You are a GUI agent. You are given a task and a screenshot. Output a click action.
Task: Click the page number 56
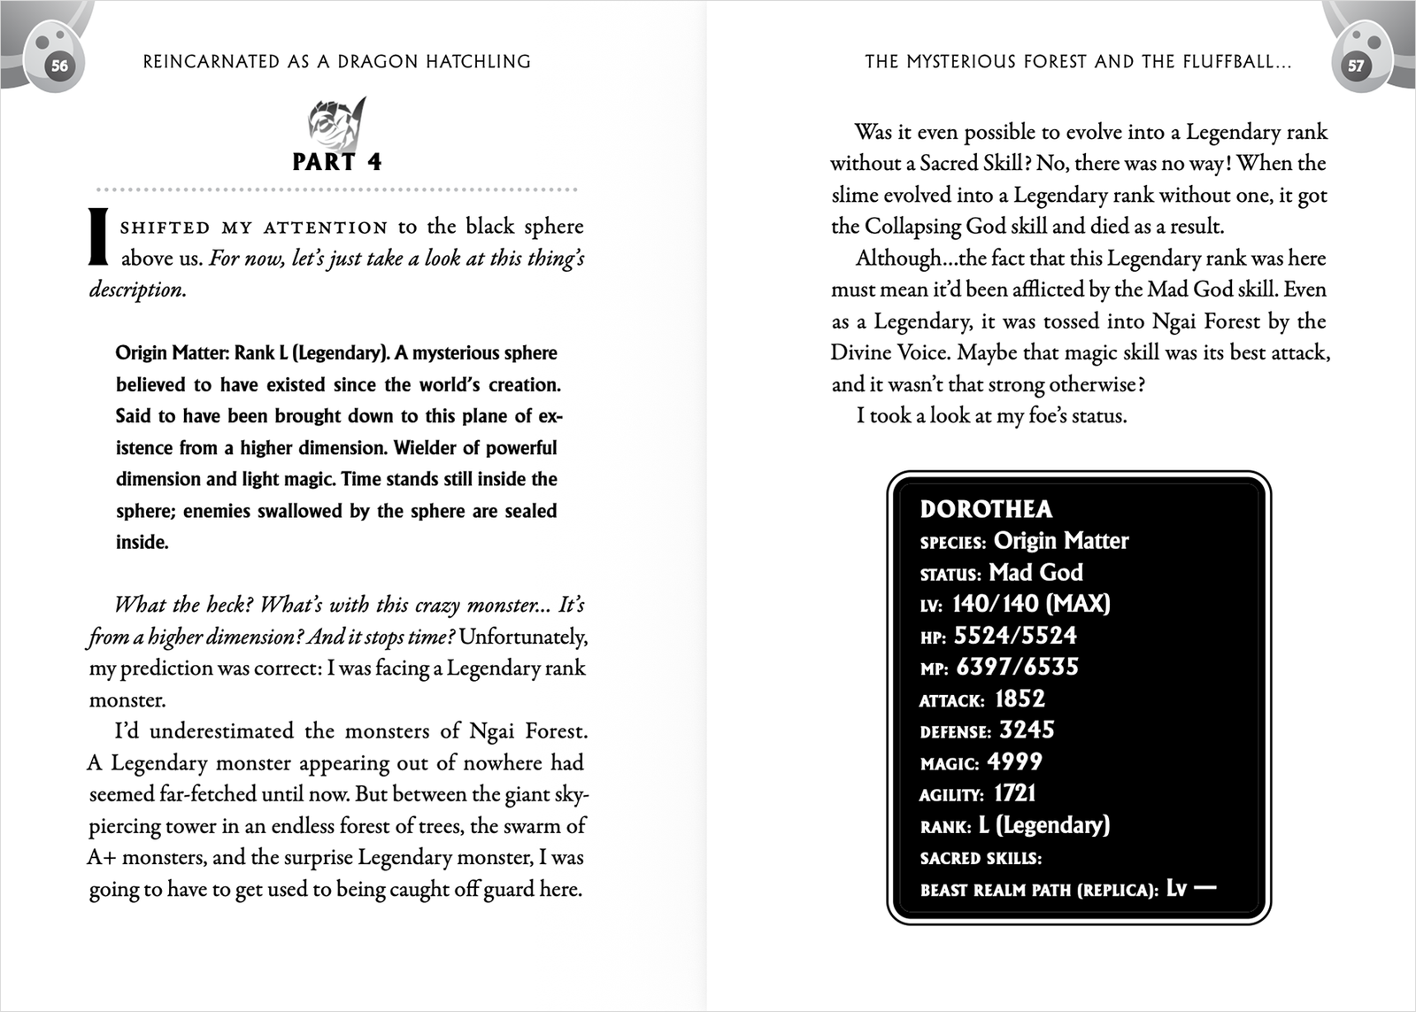pos(59,66)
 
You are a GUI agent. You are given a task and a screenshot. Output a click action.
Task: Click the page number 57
pos(1355,66)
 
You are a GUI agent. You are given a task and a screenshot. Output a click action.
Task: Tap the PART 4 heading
pos(336,162)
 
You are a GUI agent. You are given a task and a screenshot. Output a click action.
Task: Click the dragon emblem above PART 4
pos(336,123)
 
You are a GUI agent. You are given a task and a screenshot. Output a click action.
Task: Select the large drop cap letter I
pos(98,237)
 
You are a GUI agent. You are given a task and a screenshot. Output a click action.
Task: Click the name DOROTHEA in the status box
pos(986,509)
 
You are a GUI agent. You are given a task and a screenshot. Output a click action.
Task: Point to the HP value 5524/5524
pos(1015,636)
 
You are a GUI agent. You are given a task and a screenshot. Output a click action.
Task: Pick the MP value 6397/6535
pos(1017,667)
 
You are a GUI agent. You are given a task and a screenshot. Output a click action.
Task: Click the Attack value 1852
pos(1020,699)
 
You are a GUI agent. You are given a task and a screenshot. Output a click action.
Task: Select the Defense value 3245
pos(1027,730)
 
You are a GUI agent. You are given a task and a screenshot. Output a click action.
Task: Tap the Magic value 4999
pos(1014,761)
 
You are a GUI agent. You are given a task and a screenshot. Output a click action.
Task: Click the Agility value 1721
pos(1014,793)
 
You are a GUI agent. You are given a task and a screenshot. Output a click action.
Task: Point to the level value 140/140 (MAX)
pos(1031,604)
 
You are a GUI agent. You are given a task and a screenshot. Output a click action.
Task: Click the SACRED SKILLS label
pos(981,858)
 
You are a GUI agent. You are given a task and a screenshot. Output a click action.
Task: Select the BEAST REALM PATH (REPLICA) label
pos(1039,890)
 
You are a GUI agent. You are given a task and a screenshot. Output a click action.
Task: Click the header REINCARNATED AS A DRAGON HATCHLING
pos(336,62)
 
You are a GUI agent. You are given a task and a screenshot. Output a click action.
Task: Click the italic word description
pos(137,290)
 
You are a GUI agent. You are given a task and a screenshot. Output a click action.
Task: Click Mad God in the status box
pos(1035,572)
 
